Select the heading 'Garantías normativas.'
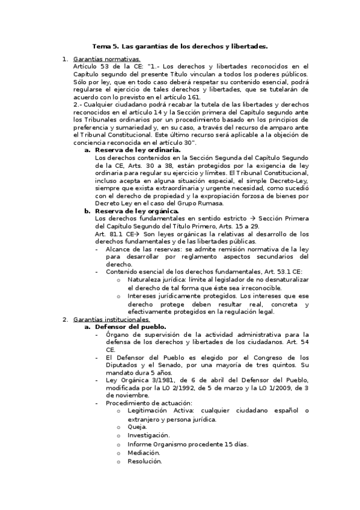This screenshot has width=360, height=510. (x=106, y=59)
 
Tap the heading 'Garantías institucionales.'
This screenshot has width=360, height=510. (x=111, y=319)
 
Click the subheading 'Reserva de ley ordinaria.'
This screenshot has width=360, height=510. (x=138, y=149)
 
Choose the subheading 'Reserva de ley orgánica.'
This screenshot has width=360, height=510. (x=136, y=211)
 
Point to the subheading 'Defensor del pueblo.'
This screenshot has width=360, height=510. (x=129, y=327)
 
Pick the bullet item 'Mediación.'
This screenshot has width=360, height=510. (x=143, y=452)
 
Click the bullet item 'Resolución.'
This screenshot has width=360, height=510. (x=144, y=461)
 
